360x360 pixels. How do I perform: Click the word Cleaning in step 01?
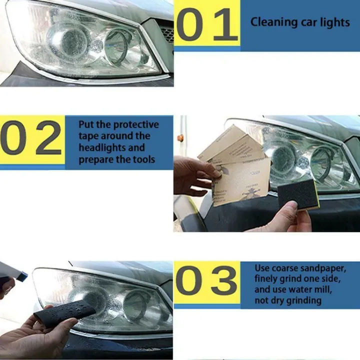click(x=273, y=22)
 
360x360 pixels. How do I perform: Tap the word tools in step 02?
click(x=143, y=159)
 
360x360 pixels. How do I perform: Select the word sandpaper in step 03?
click(x=321, y=268)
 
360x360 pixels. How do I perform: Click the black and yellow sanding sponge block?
click(x=298, y=194)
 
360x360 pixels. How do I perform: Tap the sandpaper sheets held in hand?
click(x=235, y=165)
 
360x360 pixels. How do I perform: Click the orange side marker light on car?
click(x=180, y=138)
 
